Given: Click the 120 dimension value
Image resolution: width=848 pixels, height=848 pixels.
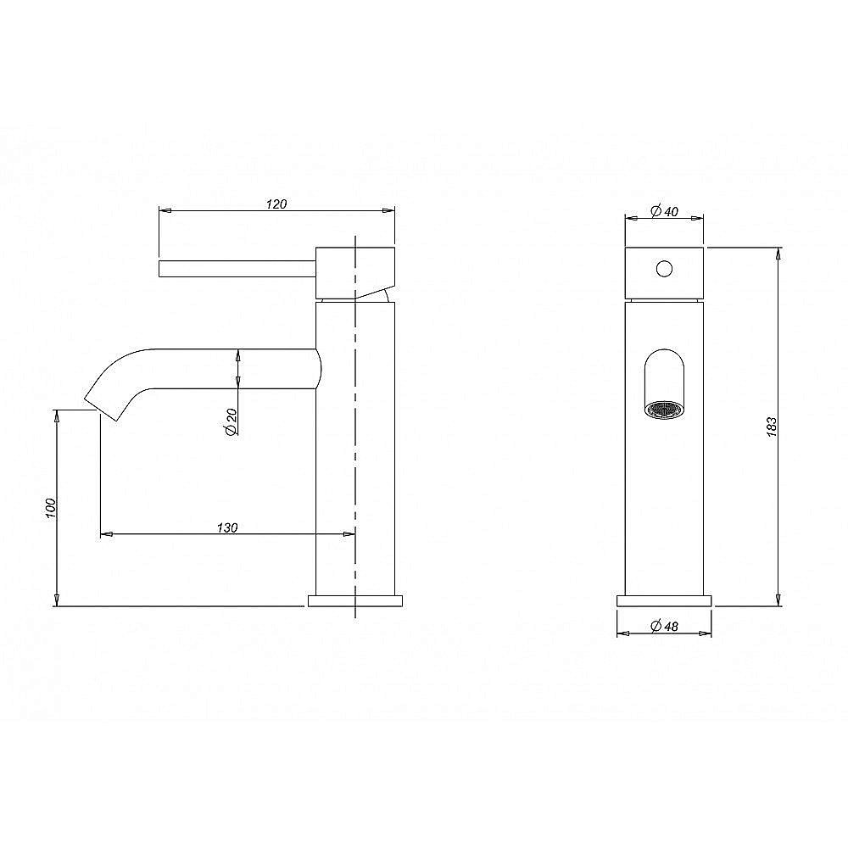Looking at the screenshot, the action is (x=276, y=204).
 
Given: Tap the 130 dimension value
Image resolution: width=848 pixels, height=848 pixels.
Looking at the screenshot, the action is (x=227, y=527).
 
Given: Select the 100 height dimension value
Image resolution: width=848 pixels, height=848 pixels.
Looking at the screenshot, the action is (x=51, y=508).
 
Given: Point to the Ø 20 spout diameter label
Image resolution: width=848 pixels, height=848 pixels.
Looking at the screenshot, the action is (x=231, y=422).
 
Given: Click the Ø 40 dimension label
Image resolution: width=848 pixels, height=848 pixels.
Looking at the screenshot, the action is (x=665, y=211).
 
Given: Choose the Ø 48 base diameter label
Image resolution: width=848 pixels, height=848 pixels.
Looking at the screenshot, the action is (x=665, y=626).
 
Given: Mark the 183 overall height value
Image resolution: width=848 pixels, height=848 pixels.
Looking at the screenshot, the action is (x=772, y=427).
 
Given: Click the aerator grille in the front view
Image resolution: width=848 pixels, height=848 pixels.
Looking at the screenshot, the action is (x=664, y=410).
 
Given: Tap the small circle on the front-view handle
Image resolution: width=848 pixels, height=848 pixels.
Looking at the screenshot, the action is (x=664, y=269).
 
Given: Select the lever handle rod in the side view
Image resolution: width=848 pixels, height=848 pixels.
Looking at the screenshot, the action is (x=237, y=269).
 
